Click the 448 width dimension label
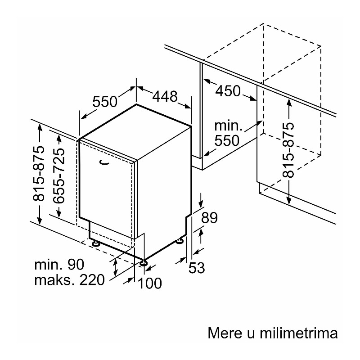tap(165, 96)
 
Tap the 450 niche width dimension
tap(228, 91)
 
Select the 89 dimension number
tap(209, 218)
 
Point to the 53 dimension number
tap(197, 268)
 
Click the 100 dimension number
tap(150, 283)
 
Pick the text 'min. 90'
tap(59, 265)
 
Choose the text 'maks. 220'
tap(70, 280)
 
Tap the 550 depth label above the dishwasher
tap(105, 102)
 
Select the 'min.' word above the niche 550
tap(229, 126)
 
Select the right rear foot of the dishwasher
tap(179, 241)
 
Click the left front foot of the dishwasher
tap(95, 243)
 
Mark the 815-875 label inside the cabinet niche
tap(288, 150)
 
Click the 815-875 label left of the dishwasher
tap(38, 174)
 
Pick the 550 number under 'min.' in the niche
tap(227, 140)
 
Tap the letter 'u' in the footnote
tap(251, 334)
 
